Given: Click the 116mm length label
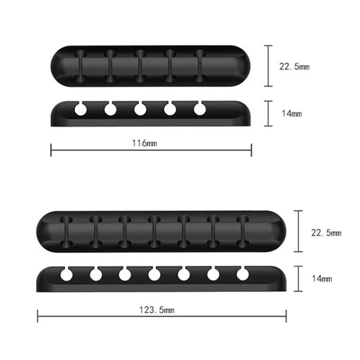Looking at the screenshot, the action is click(144, 143).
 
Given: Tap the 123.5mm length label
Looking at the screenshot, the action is click(157, 310).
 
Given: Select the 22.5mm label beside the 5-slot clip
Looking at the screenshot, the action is click(294, 67).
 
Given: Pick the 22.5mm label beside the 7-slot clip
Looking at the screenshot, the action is click(326, 233).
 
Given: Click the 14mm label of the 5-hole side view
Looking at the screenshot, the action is click(292, 113).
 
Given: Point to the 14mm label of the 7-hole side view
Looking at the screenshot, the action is click(322, 279).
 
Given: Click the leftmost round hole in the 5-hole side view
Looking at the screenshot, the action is click(81, 109).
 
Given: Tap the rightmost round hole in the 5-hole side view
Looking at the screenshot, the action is click(200, 109).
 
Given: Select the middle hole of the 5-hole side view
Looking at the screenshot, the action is click(140, 109).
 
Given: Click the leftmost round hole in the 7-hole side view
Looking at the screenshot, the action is click(66, 275).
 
